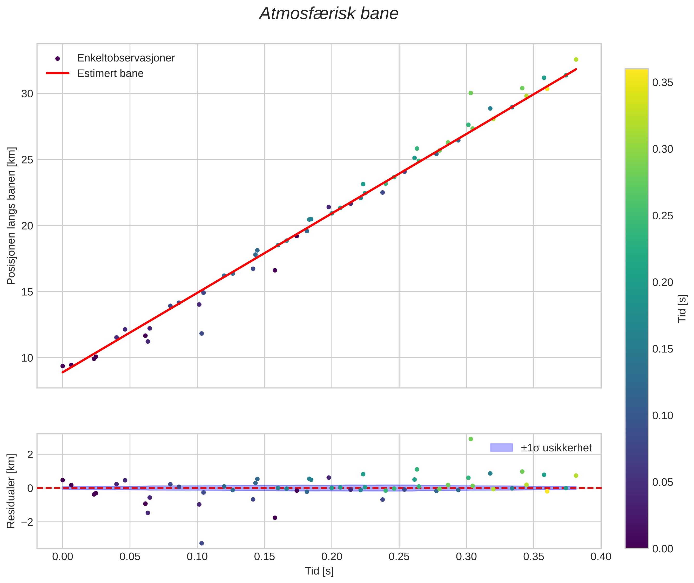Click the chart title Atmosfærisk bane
[x=329, y=14]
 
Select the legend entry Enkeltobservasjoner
[x=126, y=58]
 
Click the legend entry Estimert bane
[x=110, y=73]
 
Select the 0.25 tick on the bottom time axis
[x=399, y=557]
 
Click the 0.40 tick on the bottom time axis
[x=601, y=557]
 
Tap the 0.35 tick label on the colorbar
[x=663, y=83]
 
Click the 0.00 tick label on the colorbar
[x=663, y=549]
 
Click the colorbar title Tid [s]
[x=682, y=308]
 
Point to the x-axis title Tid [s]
[x=319, y=571]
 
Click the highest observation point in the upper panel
[x=576, y=59]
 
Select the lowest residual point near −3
[x=202, y=543]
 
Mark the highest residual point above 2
[x=471, y=439]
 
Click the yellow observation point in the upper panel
[x=547, y=89]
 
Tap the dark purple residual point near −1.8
[x=275, y=518]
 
